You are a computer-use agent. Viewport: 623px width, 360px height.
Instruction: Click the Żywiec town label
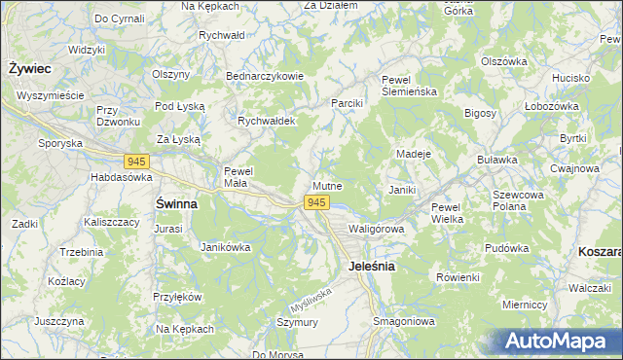click(30, 69)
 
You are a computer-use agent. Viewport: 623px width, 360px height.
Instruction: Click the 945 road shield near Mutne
click(314, 202)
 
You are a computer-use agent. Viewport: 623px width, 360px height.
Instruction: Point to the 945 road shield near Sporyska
click(136, 160)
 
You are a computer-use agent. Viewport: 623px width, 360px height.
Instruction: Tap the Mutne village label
click(327, 185)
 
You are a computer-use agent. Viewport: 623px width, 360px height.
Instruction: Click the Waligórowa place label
click(376, 228)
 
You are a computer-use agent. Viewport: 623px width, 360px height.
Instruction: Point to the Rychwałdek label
click(267, 121)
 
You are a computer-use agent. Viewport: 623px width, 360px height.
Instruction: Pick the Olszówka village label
click(503, 60)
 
